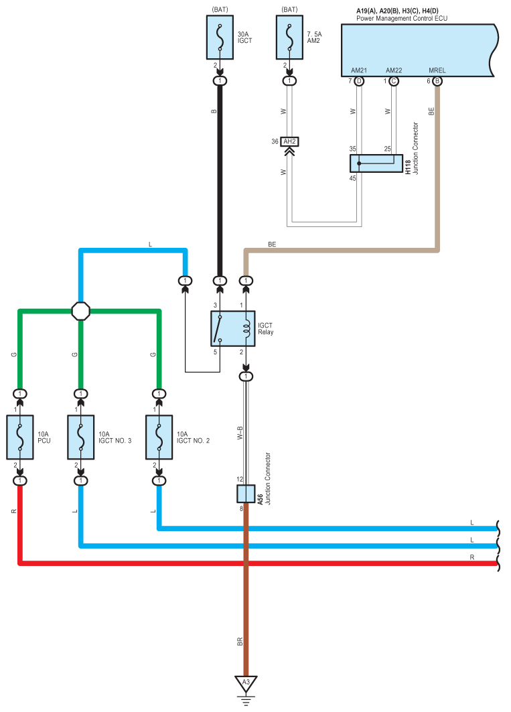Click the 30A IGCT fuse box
[x=220, y=38]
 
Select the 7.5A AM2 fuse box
[x=289, y=38]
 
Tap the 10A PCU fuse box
[x=20, y=437]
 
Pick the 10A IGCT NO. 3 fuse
[x=81, y=437]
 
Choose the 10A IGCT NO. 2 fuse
[x=159, y=437]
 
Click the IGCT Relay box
[x=233, y=329]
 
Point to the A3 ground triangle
[x=246, y=683]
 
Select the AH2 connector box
[x=289, y=142]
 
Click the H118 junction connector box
[x=376, y=163]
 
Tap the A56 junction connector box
[x=246, y=494]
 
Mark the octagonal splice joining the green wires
[x=81, y=311]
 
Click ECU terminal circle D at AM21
[x=359, y=81]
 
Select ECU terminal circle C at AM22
[x=393, y=81]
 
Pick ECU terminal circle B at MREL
[x=437, y=81]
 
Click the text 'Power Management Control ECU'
[x=402, y=19]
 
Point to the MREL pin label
[x=437, y=70]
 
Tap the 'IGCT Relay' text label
[x=266, y=329]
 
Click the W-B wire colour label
[x=240, y=433]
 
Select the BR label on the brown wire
[x=240, y=642]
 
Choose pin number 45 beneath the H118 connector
[x=352, y=178]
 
